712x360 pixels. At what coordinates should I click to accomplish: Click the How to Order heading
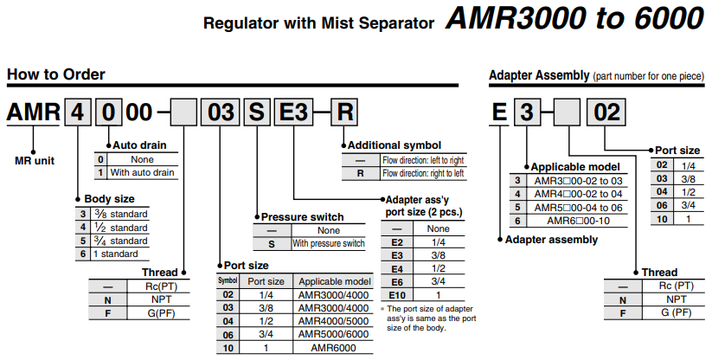[x=56, y=74]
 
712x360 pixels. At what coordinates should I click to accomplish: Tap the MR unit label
[x=35, y=159]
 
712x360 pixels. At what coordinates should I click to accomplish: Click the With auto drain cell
[x=142, y=172]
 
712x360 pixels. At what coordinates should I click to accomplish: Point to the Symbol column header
[x=228, y=281]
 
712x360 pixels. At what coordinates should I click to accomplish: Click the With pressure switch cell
[x=328, y=243]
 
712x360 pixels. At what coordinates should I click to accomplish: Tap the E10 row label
[x=397, y=295]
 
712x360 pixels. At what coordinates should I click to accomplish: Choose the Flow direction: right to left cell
[x=423, y=173]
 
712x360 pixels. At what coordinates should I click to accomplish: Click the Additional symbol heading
[x=394, y=145]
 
